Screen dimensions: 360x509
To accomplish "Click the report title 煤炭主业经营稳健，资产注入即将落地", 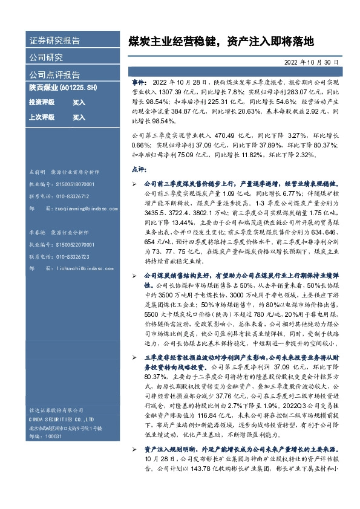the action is pyautogui.click(x=221, y=41).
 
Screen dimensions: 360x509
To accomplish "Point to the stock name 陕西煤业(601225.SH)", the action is pyautogui.click(x=64, y=88).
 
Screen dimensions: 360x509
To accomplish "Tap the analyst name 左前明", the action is pyautogui.click(x=38, y=172).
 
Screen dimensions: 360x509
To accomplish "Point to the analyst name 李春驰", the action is pyautogui.click(x=38, y=232).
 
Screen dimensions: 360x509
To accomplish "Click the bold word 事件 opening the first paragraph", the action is pyautogui.click(x=137, y=80).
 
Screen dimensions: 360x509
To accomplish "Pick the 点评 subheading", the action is pyautogui.click(x=137, y=170).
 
